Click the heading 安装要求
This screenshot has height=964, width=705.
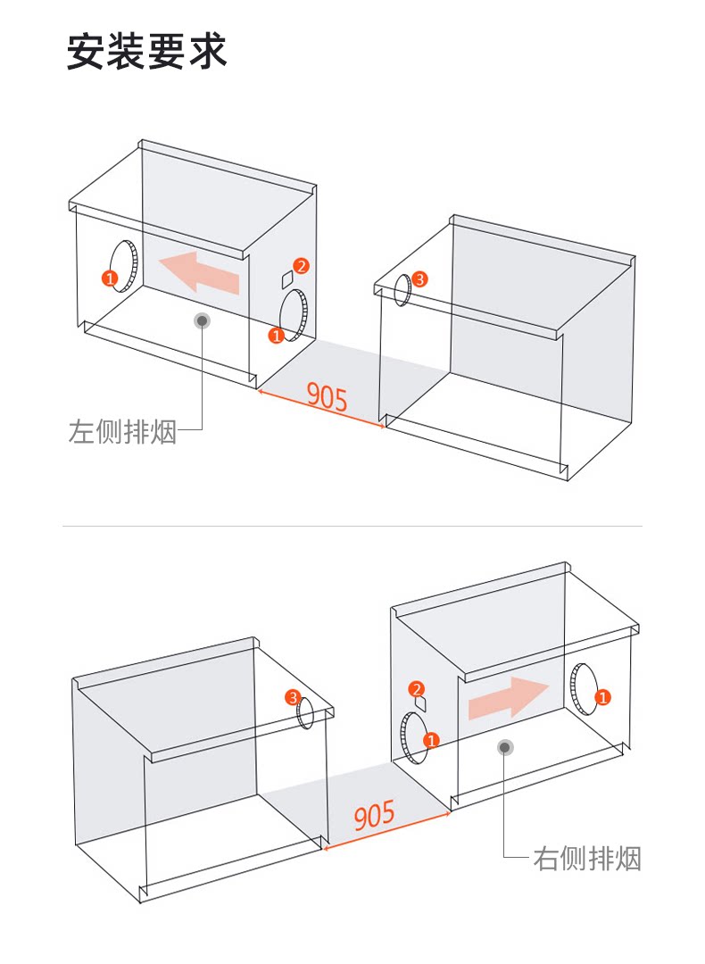coord(147,52)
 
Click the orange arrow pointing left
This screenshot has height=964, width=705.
coord(198,272)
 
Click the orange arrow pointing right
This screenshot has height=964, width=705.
coord(508,697)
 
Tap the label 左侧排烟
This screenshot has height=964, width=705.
coord(122,431)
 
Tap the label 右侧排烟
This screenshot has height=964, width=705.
coord(587,859)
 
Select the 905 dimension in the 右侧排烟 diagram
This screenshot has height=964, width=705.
coord(374,815)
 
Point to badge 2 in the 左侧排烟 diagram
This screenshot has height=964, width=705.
coord(301,266)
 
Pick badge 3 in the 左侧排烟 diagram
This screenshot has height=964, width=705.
coord(419,279)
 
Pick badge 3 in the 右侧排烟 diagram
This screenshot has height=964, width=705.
coord(293,698)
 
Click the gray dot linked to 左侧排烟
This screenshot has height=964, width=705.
coord(203,320)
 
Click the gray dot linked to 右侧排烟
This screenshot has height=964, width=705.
coord(505,748)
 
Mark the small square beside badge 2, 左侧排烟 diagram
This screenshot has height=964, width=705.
coord(287,280)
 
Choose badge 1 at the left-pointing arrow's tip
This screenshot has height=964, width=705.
coord(110,278)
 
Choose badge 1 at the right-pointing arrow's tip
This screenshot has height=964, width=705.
coord(603,697)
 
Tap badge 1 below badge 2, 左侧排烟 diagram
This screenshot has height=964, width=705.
coord(277,336)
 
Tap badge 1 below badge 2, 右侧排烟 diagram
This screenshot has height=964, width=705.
coord(432,740)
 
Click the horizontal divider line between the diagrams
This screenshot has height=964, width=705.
coord(352,527)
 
